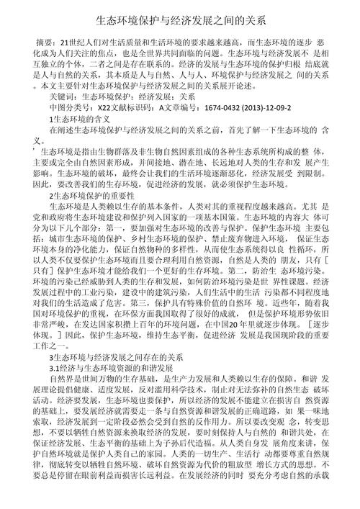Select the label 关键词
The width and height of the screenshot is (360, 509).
click(x=60, y=94)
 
